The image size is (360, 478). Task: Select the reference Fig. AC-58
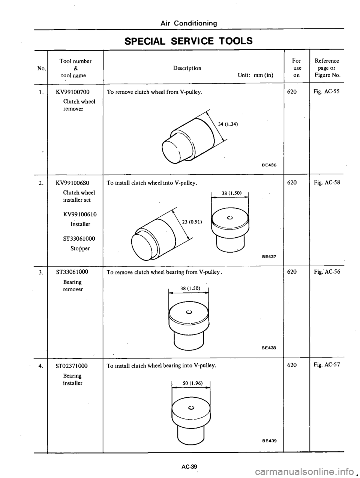pos(327,183)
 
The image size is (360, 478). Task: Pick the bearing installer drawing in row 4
pos(190,412)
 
